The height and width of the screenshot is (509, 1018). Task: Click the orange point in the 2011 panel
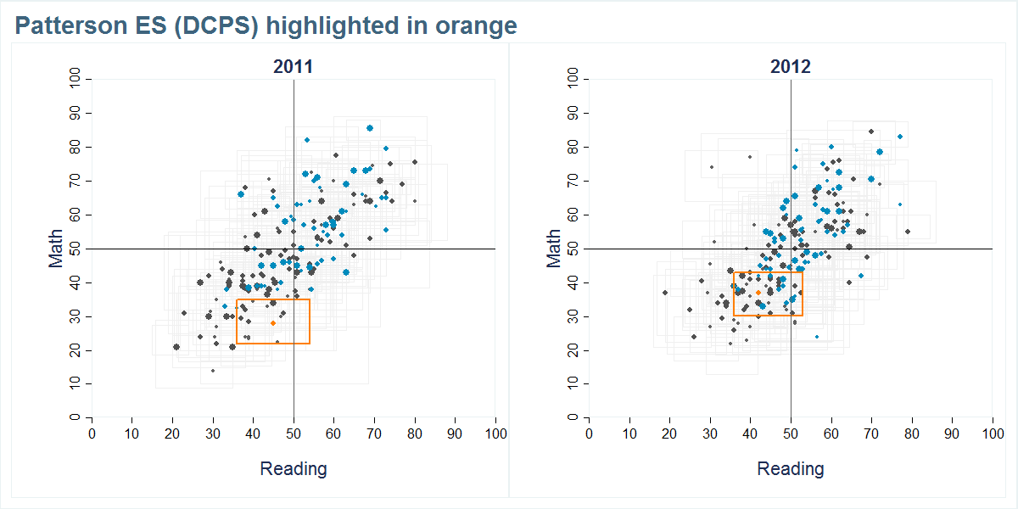tap(273, 323)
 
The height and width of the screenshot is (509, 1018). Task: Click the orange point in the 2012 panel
tap(758, 293)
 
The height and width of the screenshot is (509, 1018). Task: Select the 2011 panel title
tap(293, 67)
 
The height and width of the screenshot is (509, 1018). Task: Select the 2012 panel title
tap(790, 67)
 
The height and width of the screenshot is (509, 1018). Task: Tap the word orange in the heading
tap(476, 26)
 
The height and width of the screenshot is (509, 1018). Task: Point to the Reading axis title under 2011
tap(293, 469)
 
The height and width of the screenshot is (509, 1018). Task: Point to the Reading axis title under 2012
tap(790, 469)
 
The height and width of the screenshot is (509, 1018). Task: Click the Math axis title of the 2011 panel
tap(57, 249)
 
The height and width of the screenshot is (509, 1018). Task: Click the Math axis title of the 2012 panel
tap(554, 249)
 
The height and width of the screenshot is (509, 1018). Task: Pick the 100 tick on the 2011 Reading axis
tap(495, 434)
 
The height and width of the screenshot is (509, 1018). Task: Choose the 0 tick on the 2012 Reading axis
tap(590, 434)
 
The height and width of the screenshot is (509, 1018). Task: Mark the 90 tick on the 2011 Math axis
tap(76, 113)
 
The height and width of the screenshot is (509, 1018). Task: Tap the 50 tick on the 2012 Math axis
tap(573, 249)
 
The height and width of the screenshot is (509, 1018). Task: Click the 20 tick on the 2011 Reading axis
tap(172, 434)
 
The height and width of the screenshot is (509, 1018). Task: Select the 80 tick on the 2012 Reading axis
tap(912, 434)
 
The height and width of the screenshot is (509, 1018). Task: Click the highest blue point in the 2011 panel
tap(370, 128)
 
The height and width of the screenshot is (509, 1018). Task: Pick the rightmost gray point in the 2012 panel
tap(908, 232)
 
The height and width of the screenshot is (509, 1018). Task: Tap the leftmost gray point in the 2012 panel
tap(665, 293)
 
